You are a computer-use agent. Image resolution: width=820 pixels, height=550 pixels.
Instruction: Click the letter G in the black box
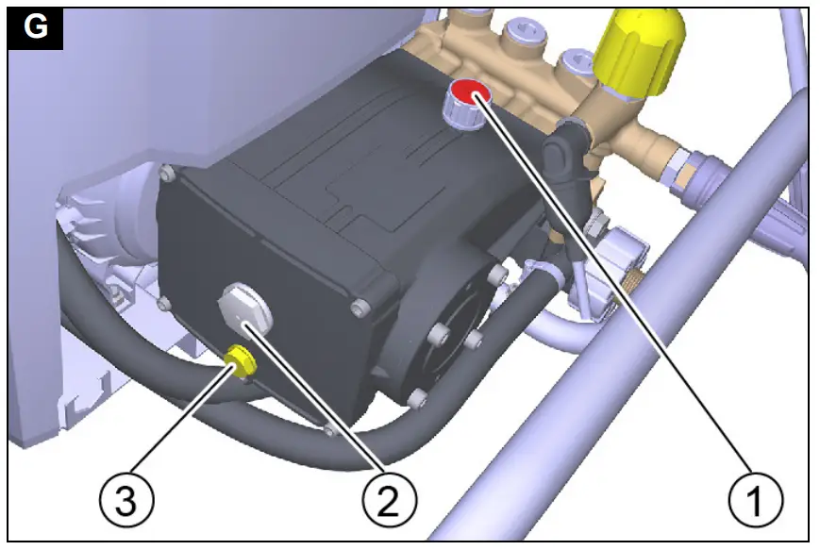point(35,28)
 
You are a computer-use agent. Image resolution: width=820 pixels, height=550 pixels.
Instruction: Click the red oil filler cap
point(469,93)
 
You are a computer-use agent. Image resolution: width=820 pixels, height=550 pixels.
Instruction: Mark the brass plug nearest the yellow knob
point(570,68)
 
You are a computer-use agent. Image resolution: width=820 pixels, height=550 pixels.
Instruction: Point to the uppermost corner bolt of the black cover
point(167,172)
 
